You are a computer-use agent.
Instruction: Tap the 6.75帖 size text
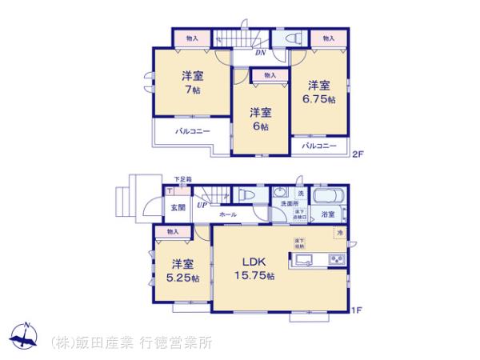(x=318, y=99)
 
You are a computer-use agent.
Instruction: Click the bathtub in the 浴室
(x=328, y=198)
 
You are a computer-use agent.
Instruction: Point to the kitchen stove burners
(x=336, y=259)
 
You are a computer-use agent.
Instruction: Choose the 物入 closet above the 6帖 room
(x=270, y=75)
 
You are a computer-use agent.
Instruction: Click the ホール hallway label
(x=227, y=215)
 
